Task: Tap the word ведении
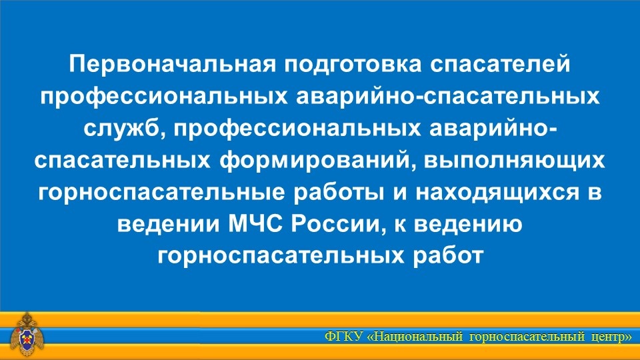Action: [x=168, y=225]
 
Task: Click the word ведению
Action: [x=465, y=225]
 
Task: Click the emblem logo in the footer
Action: [x=27, y=335]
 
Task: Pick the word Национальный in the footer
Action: [x=419, y=337]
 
